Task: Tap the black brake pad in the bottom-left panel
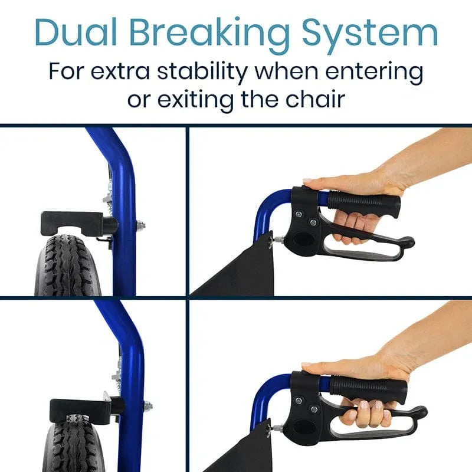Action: coord(80,407)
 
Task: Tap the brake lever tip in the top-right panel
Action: coord(407,241)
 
